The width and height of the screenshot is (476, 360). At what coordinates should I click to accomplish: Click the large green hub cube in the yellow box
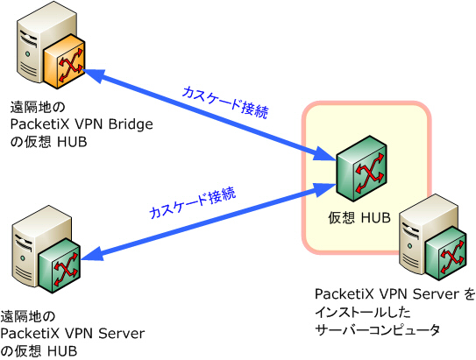click(x=361, y=169)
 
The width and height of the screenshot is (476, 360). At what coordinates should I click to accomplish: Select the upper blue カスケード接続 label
click(x=225, y=102)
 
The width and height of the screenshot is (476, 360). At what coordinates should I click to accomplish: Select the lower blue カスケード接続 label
click(x=193, y=202)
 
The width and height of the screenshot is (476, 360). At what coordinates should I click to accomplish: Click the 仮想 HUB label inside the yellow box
click(x=359, y=218)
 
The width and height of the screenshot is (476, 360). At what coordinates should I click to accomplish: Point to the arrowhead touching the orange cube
click(x=93, y=74)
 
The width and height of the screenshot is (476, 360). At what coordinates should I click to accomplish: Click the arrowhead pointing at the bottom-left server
click(x=92, y=255)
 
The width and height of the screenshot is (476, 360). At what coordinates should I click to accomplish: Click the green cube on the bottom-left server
click(x=60, y=265)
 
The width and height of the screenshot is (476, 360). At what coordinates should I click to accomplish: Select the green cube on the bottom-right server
click(x=445, y=253)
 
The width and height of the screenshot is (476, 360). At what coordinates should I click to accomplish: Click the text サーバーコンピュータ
click(x=378, y=329)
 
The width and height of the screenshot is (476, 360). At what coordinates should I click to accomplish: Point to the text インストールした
click(x=363, y=312)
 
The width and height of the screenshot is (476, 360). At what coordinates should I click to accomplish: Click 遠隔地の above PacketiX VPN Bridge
click(x=38, y=107)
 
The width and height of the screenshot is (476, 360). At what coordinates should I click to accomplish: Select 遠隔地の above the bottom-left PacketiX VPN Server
click(x=28, y=316)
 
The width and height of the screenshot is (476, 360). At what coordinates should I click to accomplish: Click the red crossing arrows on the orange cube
click(x=71, y=65)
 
